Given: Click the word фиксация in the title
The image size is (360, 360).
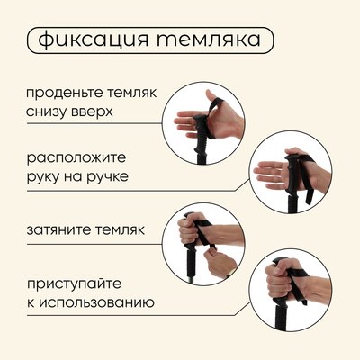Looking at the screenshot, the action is [94, 40].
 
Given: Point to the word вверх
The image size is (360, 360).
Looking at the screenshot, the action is [92, 112].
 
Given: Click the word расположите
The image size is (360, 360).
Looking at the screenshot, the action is [76, 158].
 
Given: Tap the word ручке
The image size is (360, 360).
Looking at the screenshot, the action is [107, 176].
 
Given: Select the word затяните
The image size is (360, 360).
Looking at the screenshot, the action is [58, 230].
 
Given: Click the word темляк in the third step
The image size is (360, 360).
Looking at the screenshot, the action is [121, 229].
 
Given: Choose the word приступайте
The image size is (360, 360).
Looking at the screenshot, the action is [75, 284].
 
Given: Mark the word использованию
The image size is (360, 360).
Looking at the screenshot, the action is [96, 303].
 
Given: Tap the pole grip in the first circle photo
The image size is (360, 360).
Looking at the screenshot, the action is [202, 133].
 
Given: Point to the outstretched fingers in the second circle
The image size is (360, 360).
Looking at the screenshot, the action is [269, 175].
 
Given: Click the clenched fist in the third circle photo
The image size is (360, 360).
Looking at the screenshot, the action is [190, 229].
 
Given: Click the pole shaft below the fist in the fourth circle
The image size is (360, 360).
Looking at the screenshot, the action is [281, 315].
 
